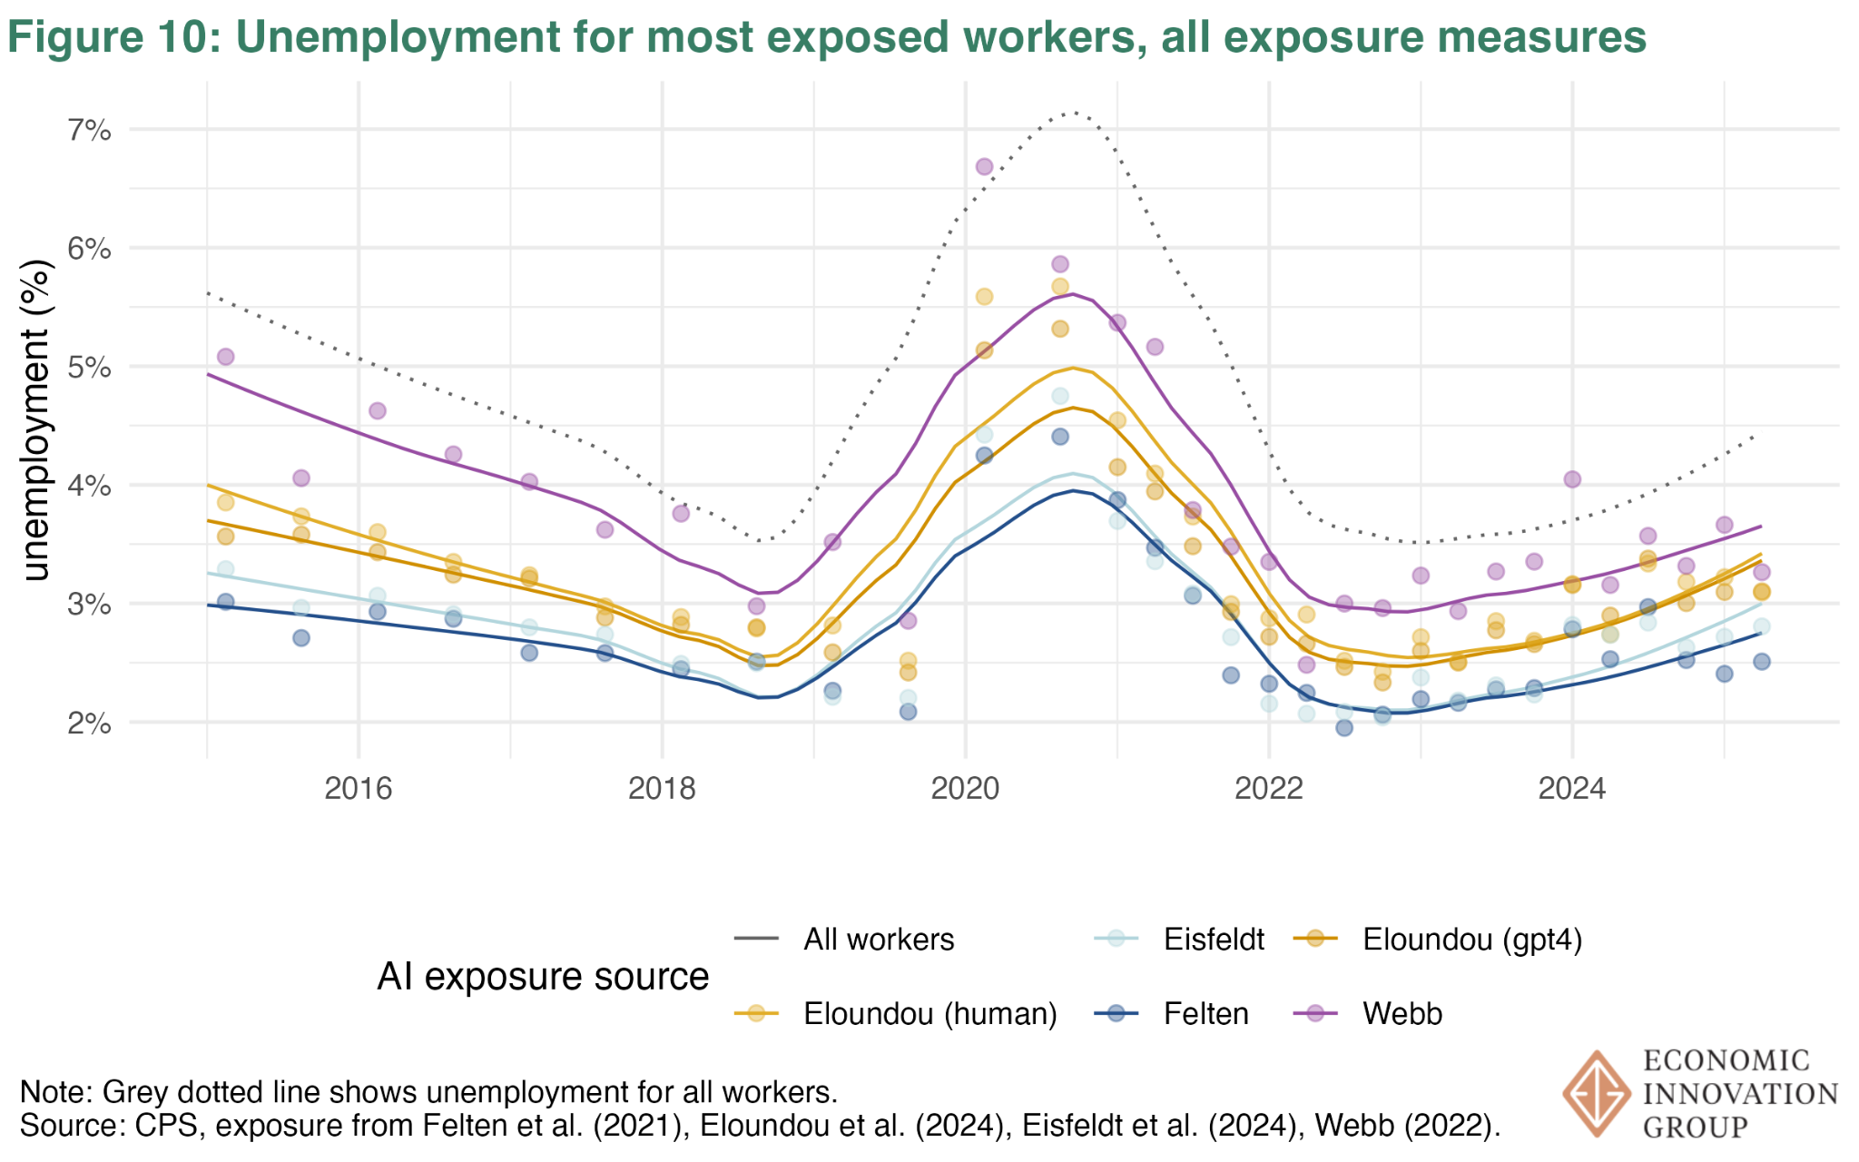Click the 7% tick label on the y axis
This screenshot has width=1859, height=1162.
tap(89, 131)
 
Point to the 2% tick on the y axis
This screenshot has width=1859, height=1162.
tap(89, 724)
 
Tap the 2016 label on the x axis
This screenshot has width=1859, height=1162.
tap(359, 788)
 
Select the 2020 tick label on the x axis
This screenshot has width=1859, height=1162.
tap(965, 788)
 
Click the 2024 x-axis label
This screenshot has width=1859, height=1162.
tap(1571, 788)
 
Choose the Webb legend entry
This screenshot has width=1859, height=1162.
tap(1402, 1013)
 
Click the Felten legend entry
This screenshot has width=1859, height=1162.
tap(1205, 1013)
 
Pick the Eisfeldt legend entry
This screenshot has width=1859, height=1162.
tap(1213, 940)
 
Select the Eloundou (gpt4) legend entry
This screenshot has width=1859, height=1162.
tap(1471, 940)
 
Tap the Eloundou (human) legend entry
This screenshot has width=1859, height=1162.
tap(929, 1013)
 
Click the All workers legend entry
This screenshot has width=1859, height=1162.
tap(878, 940)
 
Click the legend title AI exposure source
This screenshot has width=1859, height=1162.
tap(543, 977)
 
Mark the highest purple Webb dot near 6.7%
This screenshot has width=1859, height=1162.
tap(984, 167)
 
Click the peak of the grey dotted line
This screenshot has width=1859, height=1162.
tap(1074, 113)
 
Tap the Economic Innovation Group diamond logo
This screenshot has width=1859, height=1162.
tap(1596, 1093)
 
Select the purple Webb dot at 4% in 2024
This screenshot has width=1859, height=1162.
tap(1572, 479)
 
